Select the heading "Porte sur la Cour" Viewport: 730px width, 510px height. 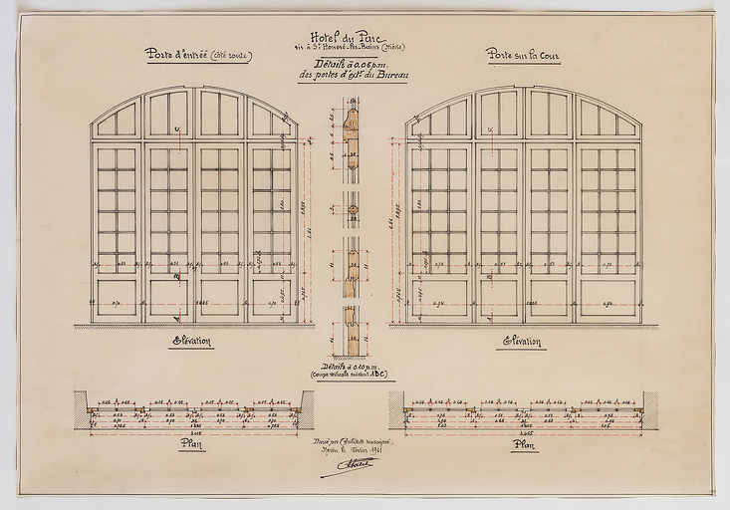523,54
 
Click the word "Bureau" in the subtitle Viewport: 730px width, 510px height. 389,75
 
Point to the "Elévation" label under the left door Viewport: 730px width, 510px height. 192,341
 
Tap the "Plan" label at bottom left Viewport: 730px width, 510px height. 192,444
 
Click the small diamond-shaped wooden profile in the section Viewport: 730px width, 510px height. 352,209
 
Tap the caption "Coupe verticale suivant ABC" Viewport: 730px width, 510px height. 352,375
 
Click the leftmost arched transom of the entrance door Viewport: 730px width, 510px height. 118,121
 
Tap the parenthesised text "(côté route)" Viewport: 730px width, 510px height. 231,55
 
